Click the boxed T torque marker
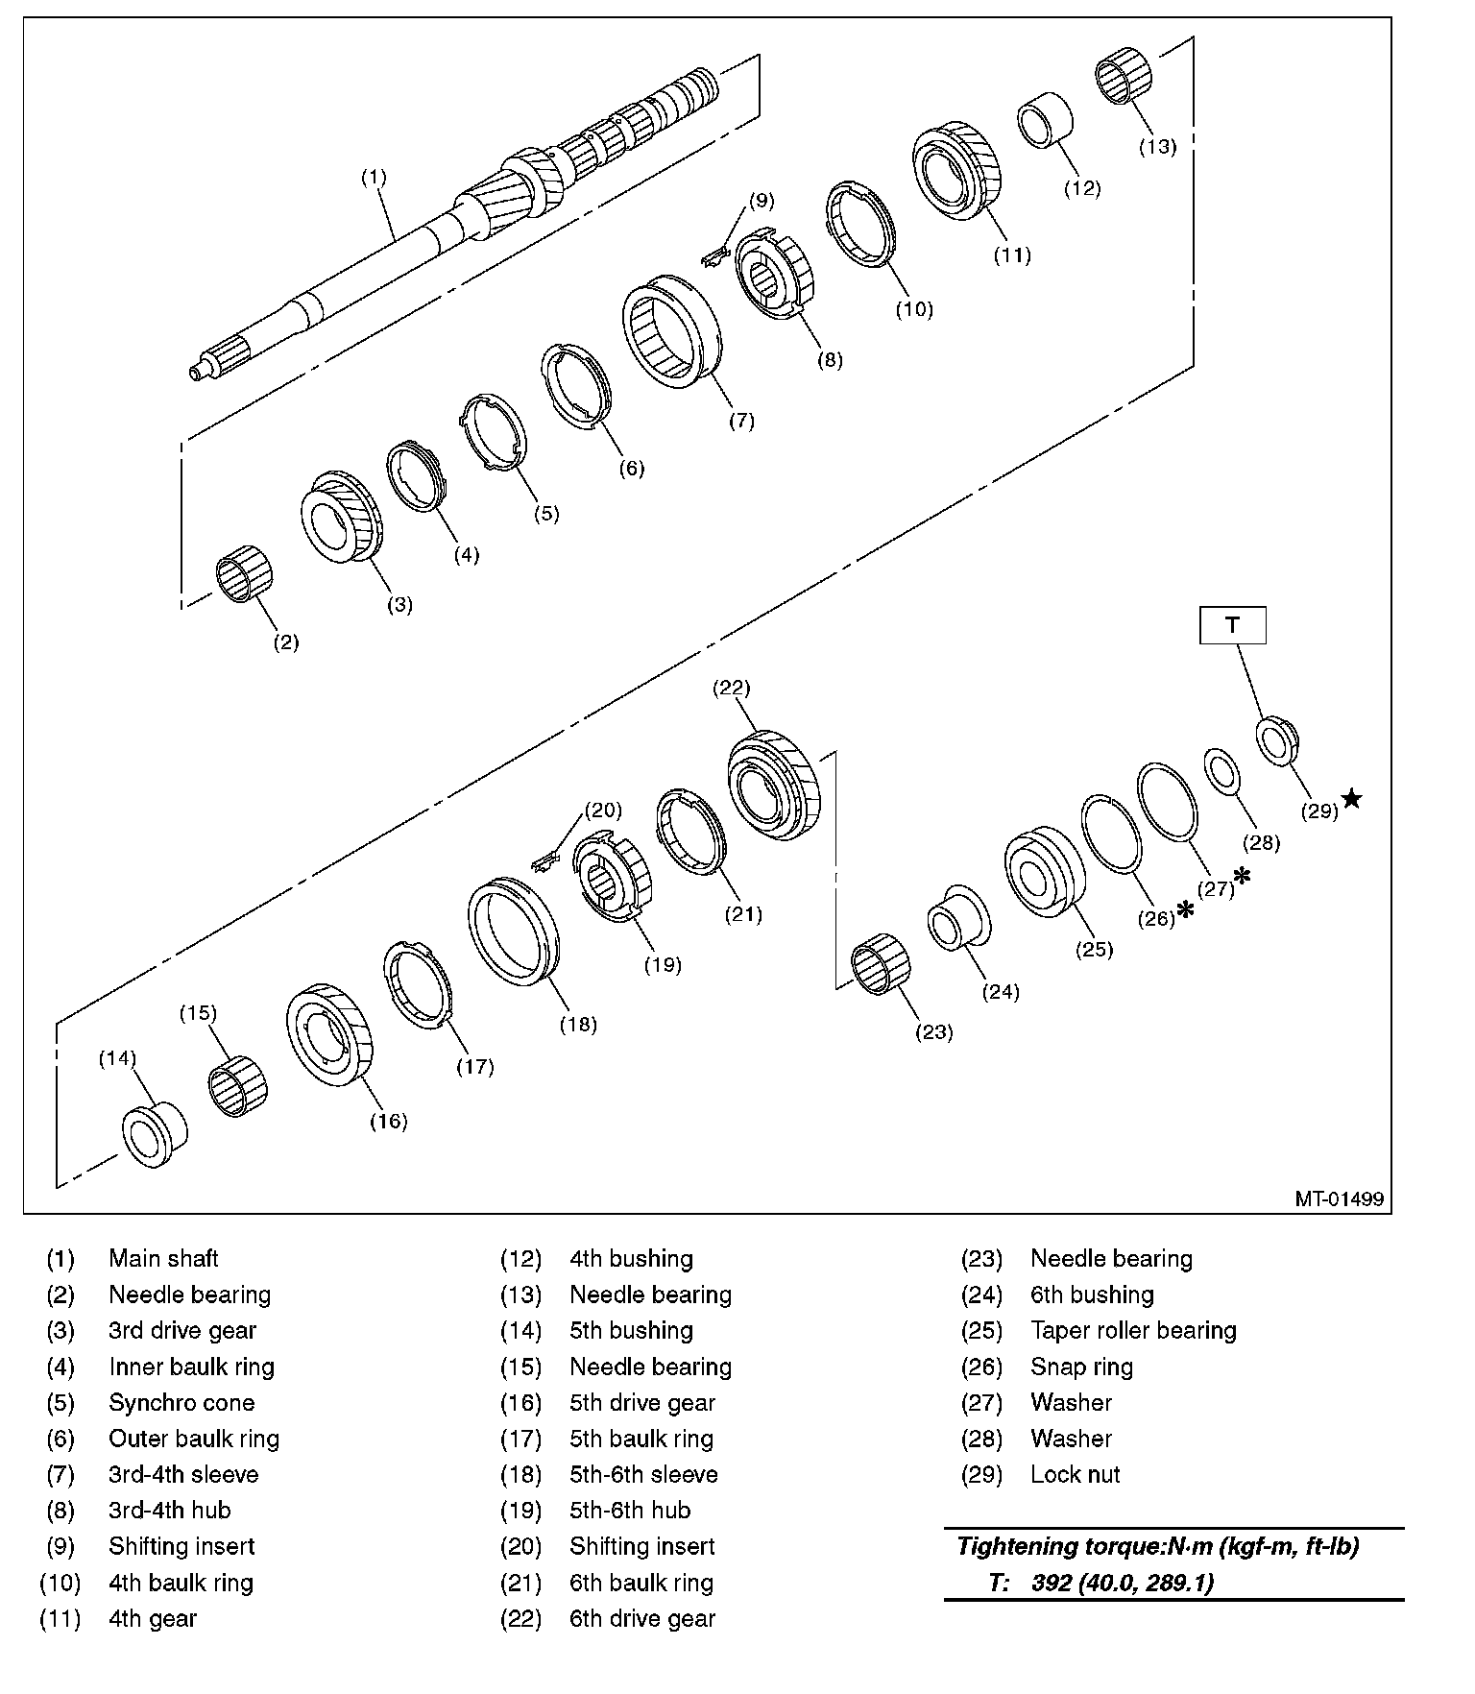pos(1232,624)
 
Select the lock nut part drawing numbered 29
pos(1278,740)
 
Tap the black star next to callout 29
pos(1352,798)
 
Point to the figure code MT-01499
pos(1339,1198)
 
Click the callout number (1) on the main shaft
pos(373,177)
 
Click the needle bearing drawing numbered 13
pos(1124,80)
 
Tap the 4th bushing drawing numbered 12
pos(1045,120)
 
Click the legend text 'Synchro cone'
pos(181,1402)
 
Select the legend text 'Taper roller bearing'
pos(1133,1330)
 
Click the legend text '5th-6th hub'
pos(630,1510)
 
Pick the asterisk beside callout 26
pos(1185,908)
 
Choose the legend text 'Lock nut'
pos(1075,1474)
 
